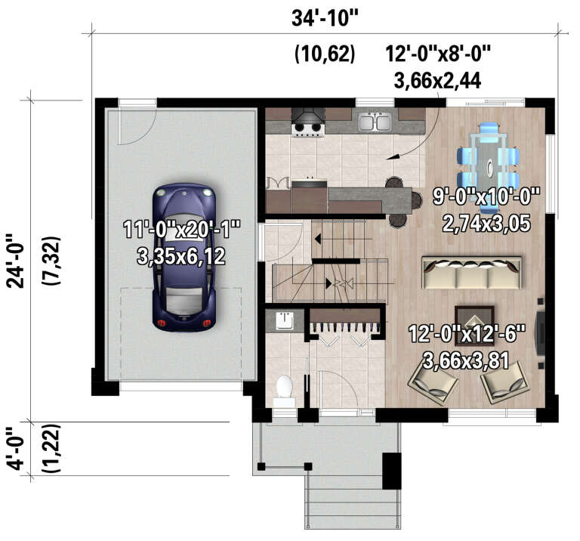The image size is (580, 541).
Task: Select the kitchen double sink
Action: click(374, 122)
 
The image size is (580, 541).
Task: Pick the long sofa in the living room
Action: click(471, 273)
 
